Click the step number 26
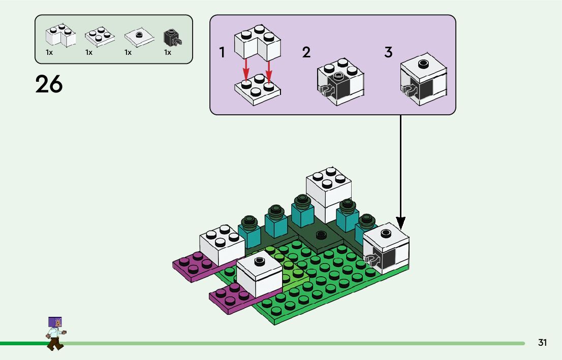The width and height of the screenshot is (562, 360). (49, 84)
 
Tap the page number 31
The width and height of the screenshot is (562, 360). (542, 343)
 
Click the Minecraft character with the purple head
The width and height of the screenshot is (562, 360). (55, 333)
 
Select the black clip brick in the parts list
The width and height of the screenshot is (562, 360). (172, 37)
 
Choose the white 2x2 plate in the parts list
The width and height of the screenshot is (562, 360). (99, 36)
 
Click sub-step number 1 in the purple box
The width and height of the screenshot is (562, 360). (222, 52)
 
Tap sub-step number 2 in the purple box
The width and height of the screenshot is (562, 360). (306, 52)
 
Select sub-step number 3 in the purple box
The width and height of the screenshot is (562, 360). (388, 52)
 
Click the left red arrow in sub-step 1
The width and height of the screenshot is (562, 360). (245, 67)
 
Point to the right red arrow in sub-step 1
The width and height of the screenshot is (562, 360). (269, 67)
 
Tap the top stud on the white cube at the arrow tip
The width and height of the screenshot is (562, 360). (386, 233)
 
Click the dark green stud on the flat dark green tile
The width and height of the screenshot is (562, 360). (320, 235)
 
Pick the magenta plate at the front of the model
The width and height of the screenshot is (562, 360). (231, 298)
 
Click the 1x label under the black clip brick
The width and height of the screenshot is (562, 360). (168, 52)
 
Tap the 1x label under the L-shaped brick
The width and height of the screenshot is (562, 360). (49, 52)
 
